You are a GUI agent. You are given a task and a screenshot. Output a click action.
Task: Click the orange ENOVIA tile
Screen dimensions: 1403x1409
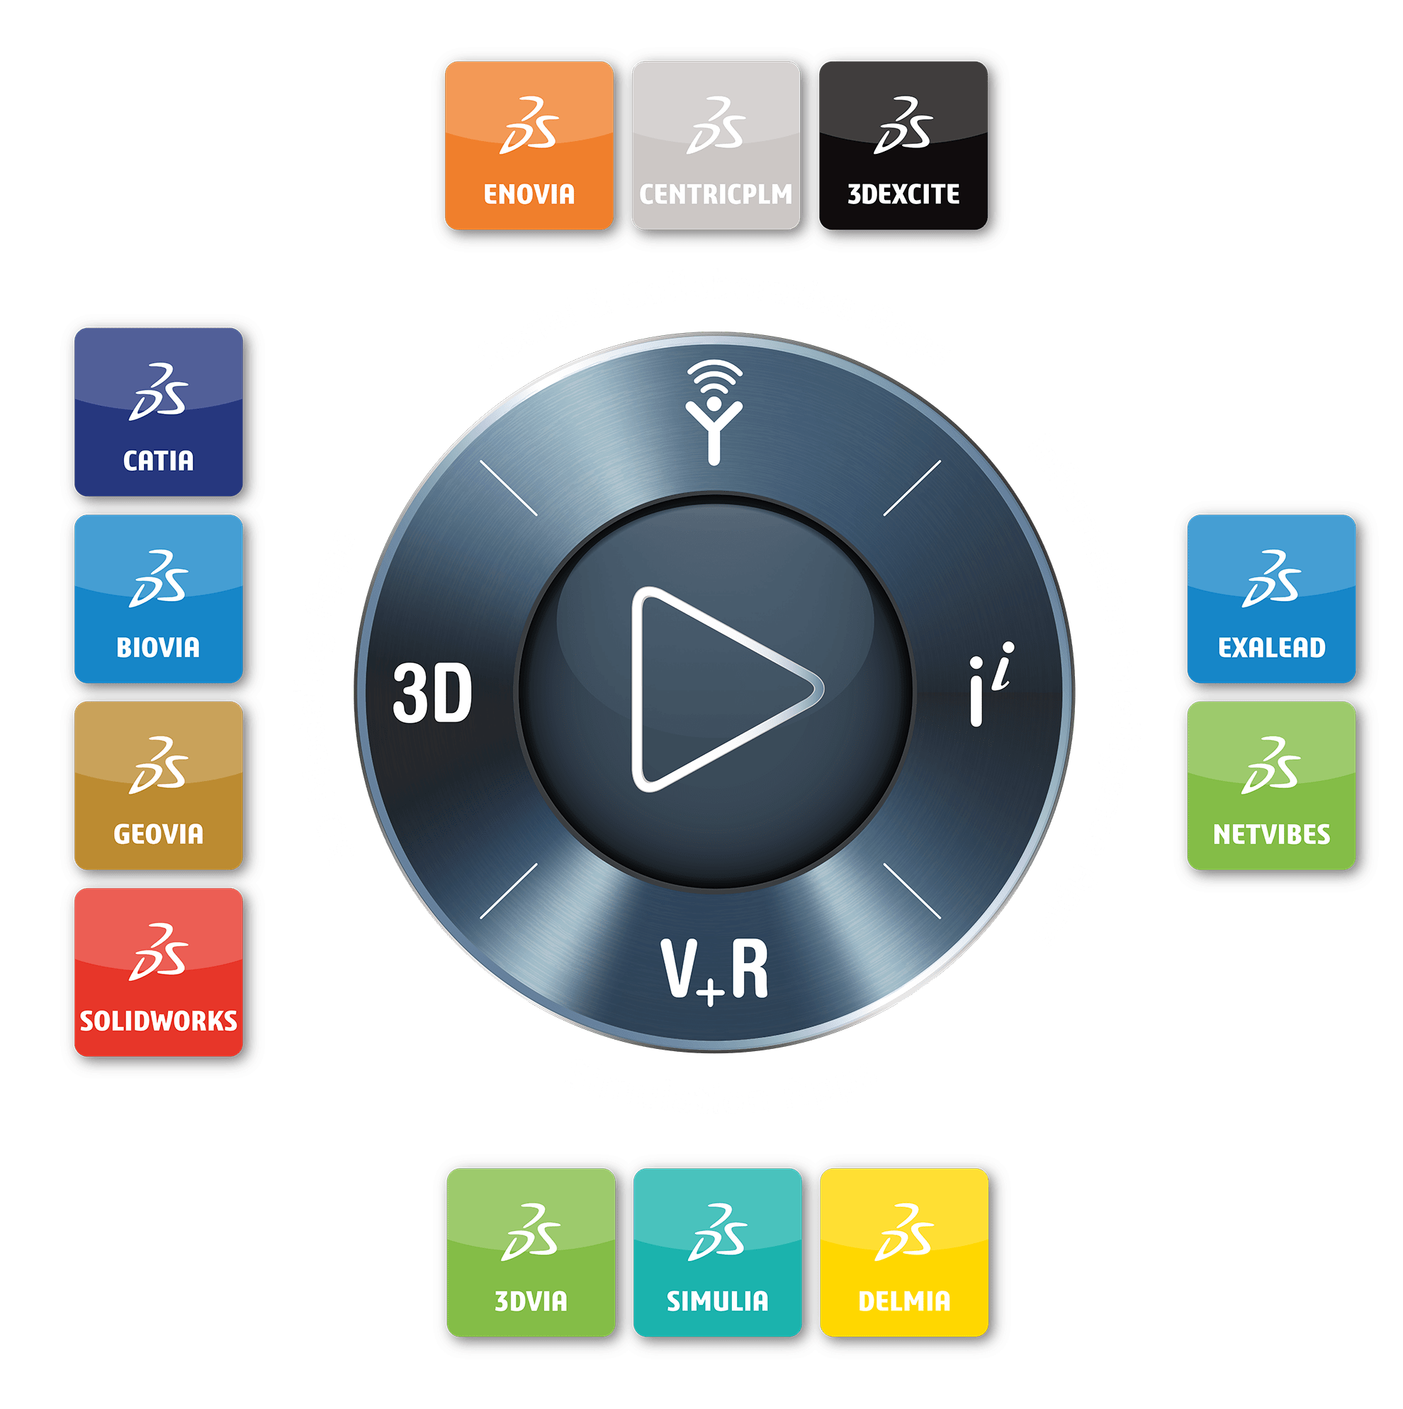[x=529, y=145]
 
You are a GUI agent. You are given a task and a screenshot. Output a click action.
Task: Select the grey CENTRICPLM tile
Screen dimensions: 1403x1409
[x=716, y=145]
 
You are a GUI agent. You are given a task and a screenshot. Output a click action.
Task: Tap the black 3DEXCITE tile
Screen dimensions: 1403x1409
[x=903, y=145]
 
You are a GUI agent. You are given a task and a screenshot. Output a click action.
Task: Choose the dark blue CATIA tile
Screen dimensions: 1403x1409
[x=158, y=412]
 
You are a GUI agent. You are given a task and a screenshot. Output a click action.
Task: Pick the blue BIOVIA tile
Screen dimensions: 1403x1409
[x=158, y=599]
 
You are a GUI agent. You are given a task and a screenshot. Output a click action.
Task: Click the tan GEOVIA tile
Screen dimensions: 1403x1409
[x=158, y=785]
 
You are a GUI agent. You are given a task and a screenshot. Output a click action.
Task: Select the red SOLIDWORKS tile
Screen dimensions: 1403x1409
[x=158, y=972]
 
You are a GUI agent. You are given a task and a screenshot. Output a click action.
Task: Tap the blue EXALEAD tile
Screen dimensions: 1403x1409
[x=1272, y=599]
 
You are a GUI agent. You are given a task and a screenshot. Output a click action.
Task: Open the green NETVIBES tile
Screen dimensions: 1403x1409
[x=1272, y=785]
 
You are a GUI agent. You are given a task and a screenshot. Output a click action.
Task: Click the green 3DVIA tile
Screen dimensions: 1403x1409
[x=531, y=1253]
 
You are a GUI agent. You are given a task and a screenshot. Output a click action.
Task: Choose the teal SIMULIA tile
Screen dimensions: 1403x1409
[x=718, y=1253]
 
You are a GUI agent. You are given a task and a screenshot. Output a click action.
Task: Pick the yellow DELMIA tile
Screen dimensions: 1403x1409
[x=904, y=1253]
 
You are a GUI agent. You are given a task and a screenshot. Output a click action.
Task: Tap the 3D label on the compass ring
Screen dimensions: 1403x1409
[x=432, y=693]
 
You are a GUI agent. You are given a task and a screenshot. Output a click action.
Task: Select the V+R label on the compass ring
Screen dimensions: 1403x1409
[x=715, y=970]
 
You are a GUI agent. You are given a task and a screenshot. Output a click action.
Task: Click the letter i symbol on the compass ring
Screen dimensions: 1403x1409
[x=991, y=684]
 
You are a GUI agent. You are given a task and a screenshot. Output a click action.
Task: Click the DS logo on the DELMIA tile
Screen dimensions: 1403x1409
[x=904, y=1233]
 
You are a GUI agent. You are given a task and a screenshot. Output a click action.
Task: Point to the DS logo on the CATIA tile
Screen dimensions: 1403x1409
[x=158, y=392]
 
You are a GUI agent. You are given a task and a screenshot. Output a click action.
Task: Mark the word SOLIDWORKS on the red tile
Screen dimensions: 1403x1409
[x=158, y=1021]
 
